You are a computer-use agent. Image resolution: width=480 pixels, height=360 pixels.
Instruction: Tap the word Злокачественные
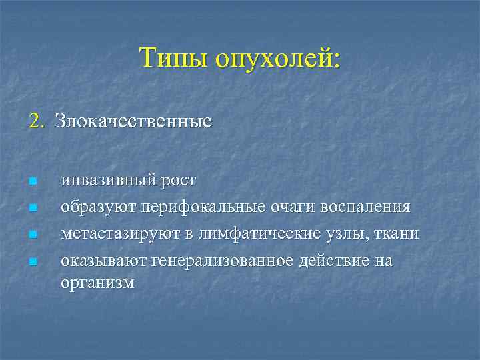click(133, 122)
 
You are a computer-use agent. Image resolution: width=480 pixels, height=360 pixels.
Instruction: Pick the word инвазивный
click(108, 181)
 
